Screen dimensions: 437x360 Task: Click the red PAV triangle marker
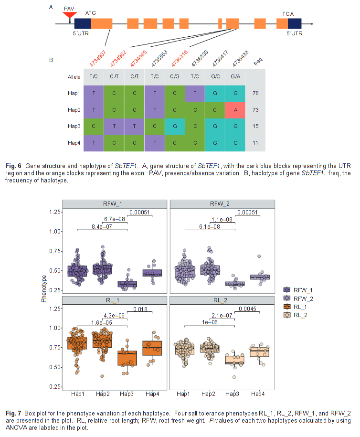70,14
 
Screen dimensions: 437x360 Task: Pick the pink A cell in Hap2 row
235,109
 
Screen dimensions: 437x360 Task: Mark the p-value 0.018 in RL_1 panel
141,309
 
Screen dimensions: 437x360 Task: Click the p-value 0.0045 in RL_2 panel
249,309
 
